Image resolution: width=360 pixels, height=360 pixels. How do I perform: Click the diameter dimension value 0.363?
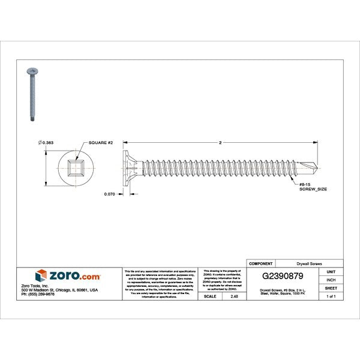pyautogui.click(x=47, y=142)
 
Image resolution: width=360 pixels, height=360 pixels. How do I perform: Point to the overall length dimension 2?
pyautogui.click(x=221, y=142)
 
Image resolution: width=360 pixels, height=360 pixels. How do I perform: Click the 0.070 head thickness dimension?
pyautogui.click(x=109, y=194)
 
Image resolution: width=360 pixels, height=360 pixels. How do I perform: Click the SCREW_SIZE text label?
pyautogui.click(x=313, y=189)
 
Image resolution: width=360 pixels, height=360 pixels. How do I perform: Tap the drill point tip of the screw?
pyautogui.click(x=316, y=167)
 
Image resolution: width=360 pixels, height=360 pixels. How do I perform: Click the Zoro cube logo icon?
pyautogui.click(x=41, y=275)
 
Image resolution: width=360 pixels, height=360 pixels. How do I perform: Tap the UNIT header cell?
pyautogui.click(x=331, y=272)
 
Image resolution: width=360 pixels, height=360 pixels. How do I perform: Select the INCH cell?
pyautogui.click(x=331, y=280)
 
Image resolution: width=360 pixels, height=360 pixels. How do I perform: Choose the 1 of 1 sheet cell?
pyautogui.click(x=331, y=296)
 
